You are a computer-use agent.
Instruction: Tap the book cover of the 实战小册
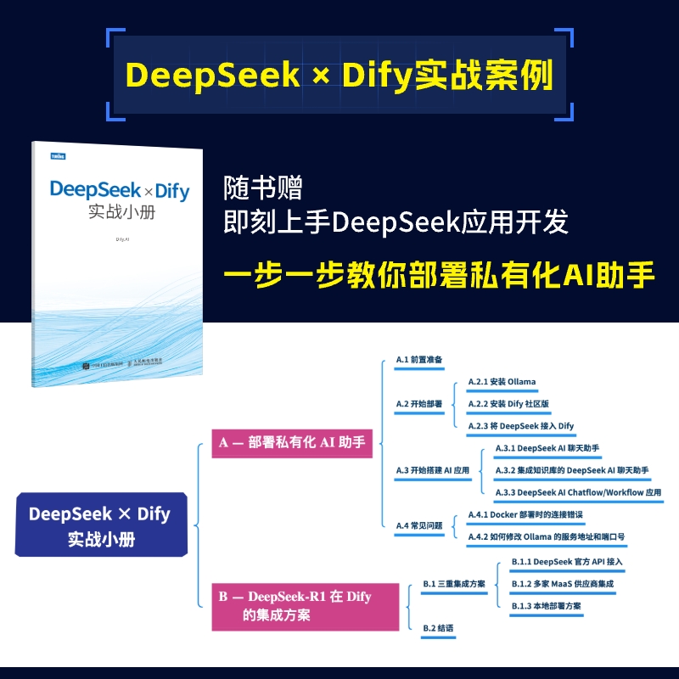[118, 263]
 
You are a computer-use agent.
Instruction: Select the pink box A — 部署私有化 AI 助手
[291, 442]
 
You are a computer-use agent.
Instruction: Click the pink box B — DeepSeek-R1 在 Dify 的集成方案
[305, 606]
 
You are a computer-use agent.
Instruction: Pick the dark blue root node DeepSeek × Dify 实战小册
[100, 525]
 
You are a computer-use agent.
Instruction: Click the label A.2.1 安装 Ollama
[502, 382]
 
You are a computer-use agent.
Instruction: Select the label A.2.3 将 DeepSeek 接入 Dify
[521, 425]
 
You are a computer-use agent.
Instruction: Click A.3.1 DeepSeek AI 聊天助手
[547, 447]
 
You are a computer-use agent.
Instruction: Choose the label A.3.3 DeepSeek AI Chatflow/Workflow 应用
[577, 492]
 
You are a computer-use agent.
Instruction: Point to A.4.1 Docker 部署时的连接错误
[525, 514]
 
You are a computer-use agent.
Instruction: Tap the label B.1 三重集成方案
[454, 584]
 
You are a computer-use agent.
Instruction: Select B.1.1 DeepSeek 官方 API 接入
[567, 562]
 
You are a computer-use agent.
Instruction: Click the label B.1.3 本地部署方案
[546, 606]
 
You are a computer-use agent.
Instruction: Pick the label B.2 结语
[438, 628]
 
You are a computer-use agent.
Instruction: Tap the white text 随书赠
[262, 188]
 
